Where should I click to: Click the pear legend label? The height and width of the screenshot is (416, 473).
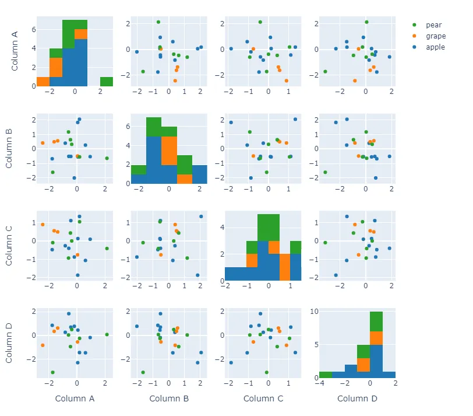[433, 25]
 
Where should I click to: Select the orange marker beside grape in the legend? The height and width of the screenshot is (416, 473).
[414, 36]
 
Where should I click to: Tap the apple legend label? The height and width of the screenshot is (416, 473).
[436, 47]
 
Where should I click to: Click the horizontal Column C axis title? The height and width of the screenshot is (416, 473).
[263, 398]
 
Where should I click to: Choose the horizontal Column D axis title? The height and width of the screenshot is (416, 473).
[357, 398]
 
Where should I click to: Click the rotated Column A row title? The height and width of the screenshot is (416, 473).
[15, 51]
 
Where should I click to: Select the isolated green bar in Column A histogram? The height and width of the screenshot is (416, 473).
[106, 81]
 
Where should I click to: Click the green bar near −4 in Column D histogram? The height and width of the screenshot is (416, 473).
[325, 374]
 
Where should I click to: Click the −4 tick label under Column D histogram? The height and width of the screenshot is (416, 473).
[319, 383]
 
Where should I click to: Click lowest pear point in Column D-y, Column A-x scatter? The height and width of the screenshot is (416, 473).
[52, 372]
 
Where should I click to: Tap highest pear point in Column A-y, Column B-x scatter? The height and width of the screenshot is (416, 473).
[158, 22]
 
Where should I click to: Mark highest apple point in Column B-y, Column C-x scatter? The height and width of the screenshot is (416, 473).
[295, 119]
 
